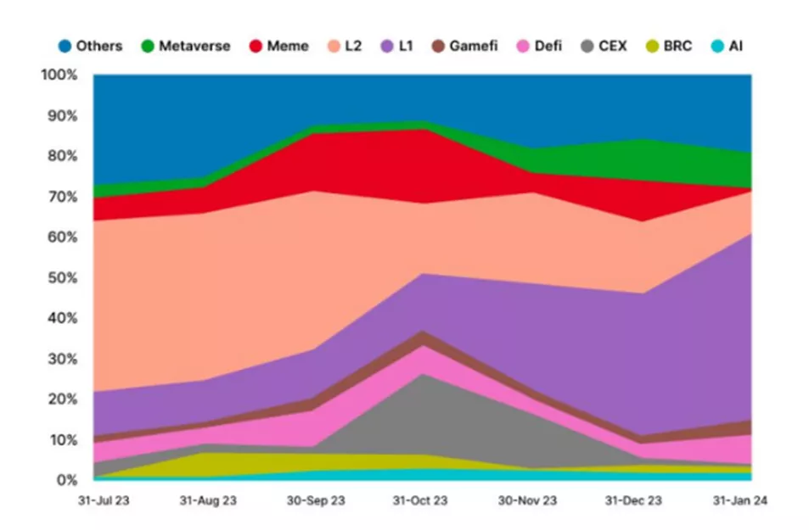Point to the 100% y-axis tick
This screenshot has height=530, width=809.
[59, 75]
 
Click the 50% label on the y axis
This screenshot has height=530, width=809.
[63, 278]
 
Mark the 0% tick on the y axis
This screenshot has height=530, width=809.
[66, 480]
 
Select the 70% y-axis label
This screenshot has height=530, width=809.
[63, 197]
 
